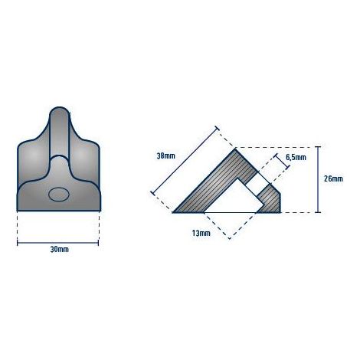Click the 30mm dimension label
tap(59, 250)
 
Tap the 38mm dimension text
tap(166, 155)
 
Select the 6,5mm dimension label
tap(296, 158)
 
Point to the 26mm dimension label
tap(333, 178)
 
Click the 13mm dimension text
tap(201, 233)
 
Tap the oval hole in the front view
tap(59, 195)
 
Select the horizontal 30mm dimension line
tap(58, 243)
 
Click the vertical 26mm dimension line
tap(318, 179)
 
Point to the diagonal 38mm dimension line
tap(185, 160)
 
